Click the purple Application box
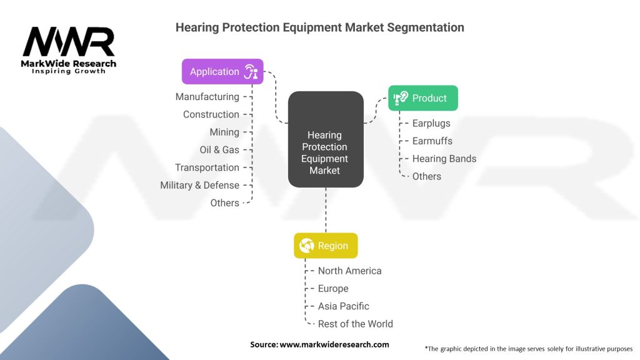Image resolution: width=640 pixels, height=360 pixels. click(x=222, y=71)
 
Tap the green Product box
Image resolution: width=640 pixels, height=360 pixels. click(x=423, y=98)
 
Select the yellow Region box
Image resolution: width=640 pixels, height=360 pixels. click(x=326, y=245)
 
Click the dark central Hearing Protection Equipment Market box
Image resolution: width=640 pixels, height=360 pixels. click(x=326, y=139)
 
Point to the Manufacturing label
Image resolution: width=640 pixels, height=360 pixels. click(x=207, y=97)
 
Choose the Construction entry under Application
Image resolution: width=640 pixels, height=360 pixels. click(x=211, y=114)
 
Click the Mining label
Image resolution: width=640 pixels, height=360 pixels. click(x=224, y=132)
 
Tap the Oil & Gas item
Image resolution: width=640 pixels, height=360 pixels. click(x=219, y=150)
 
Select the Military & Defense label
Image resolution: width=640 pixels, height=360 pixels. click(x=199, y=185)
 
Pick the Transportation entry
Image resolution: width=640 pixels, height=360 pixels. click(x=207, y=167)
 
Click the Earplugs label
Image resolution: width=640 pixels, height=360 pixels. click(x=431, y=123)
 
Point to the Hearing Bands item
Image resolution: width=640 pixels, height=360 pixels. click(x=444, y=159)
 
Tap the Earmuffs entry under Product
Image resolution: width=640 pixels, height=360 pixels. click(x=432, y=141)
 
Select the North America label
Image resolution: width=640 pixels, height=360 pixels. click(x=350, y=271)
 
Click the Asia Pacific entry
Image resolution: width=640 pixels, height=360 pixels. click(x=344, y=306)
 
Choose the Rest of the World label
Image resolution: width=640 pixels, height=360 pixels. click(x=356, y=324)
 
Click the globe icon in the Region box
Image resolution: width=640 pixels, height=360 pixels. click(x=306, y=245)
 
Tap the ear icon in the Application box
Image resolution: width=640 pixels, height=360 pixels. click(x=251, y=71)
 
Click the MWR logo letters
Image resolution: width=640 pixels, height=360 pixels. click(x=69, y=41)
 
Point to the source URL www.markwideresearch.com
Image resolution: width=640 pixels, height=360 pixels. click(x=334, y=344)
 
